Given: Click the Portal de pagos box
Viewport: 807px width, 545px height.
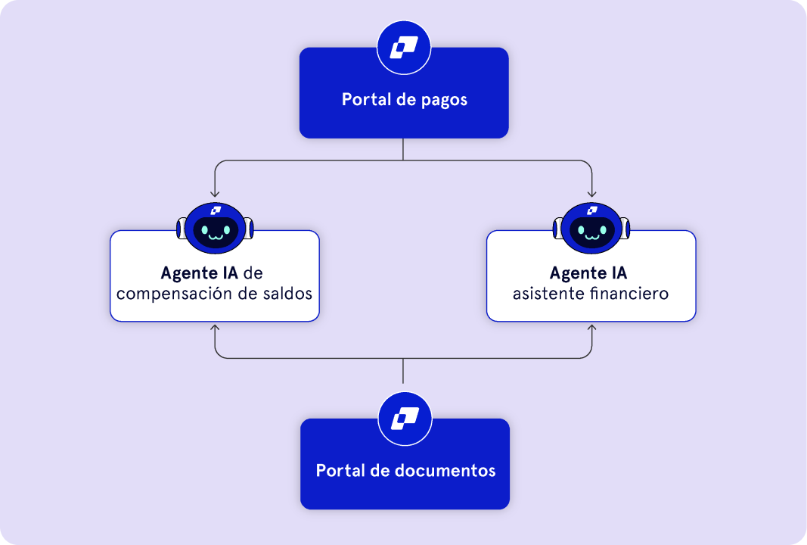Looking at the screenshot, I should [x=403, y=106].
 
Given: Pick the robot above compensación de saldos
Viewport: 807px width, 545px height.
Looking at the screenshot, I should [x=214, y=227].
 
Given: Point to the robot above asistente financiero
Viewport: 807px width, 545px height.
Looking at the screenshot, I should [x=591, y=227].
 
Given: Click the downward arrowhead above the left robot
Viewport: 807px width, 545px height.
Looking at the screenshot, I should [x=215, y=194].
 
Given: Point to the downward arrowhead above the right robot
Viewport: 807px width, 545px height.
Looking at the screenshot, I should [x=591, y=194].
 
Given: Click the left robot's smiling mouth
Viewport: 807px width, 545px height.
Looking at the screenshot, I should [x=214, y=236].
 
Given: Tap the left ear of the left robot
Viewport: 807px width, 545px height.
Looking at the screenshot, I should [x=181, y=228].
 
